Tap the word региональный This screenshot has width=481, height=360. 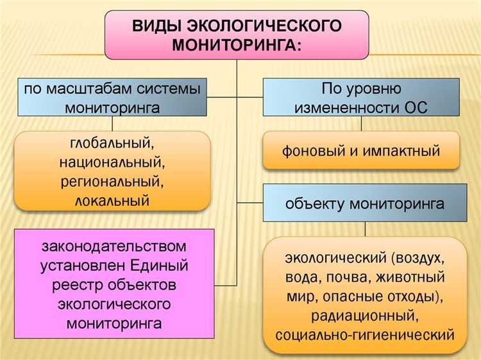[x=112, y=181]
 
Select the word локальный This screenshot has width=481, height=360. [x=112, y=200]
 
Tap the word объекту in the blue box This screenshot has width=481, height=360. [x=315, y=204]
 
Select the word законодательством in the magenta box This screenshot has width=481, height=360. [x=115, y=246]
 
